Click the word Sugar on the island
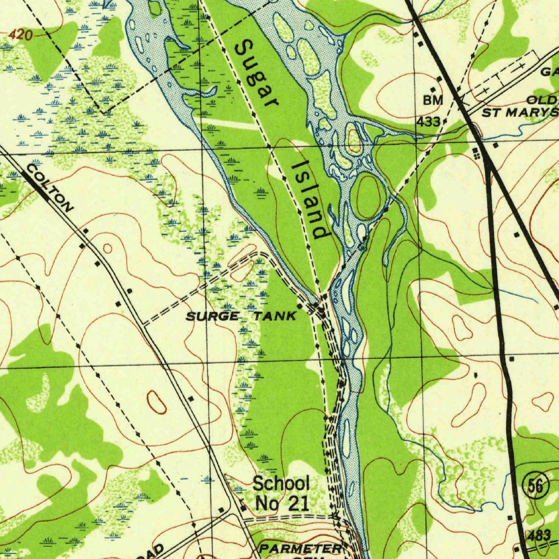click(255, 74)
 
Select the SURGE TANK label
click(241, 316)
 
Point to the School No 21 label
click(281, 493)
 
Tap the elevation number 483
click(539, 535)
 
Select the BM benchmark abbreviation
click(432, 100)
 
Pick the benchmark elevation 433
click(429, 122)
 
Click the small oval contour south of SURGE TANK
click(157, 402)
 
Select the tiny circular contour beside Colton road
click(108, 249)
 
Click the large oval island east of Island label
click(368, 195)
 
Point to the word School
click(281, 483)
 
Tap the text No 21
click(281, 503)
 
